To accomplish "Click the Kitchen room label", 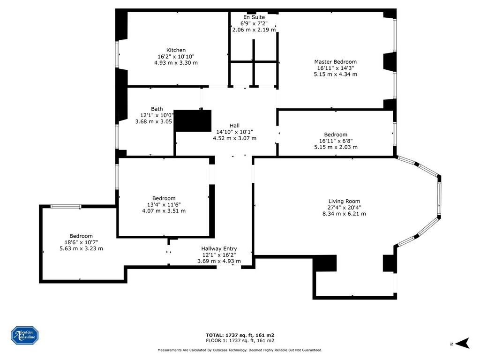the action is click(176, 50).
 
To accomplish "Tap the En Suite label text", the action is click(254, 17).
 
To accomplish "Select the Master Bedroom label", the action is click(336, 62).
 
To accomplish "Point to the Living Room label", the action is click(344, 202).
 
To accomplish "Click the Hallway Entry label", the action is click(219, 249).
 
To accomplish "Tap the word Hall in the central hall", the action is click(235, 126).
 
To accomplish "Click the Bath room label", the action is click(157, 109).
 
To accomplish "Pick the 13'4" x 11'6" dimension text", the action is click(164, 204).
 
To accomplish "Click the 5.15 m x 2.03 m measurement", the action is click(336, 147).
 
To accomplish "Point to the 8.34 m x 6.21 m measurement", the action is click(344, 214).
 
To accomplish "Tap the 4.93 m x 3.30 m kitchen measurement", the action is click(176, 63).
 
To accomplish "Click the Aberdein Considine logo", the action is click(25, 336).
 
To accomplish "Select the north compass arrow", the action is click(463, 343).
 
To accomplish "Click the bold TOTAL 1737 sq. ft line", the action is click(240, 335).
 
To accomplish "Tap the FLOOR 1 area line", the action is click(240, 340).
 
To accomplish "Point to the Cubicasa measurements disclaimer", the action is click(240, 350).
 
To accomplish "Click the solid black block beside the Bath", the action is click(193, 121).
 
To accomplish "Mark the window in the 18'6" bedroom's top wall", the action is click(66, 206).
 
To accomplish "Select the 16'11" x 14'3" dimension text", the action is click(336, 68).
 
